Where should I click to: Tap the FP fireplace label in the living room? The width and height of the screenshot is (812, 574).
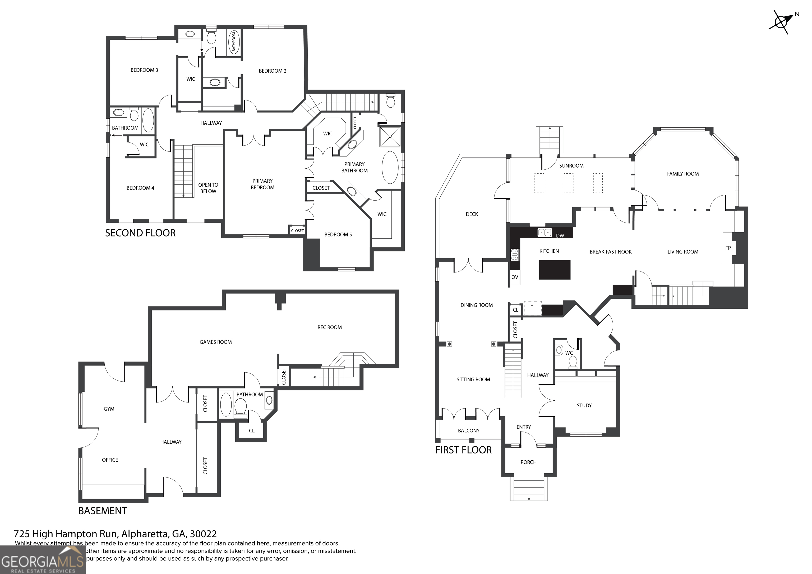728,248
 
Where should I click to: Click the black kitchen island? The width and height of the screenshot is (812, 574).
555,270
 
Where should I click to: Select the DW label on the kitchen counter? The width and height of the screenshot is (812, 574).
560,235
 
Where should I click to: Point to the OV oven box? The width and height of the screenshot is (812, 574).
515,277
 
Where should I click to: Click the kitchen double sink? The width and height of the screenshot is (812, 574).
545,232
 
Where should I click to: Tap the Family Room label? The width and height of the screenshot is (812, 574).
682,174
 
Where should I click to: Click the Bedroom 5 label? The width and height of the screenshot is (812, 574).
338,234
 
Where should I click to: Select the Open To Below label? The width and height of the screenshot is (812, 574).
208,188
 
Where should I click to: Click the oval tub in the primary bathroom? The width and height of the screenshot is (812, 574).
390,168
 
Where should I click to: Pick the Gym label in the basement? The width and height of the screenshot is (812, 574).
109,409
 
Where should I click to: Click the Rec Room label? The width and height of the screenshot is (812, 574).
329,327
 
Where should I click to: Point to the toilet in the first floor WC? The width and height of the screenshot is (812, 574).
573,362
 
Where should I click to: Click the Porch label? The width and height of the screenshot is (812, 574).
528,462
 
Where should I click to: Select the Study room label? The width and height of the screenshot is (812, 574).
584,405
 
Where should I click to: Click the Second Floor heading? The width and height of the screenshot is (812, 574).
140,233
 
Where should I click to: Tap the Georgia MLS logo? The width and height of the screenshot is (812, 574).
43,560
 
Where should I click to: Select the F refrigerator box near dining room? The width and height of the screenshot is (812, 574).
532,308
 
